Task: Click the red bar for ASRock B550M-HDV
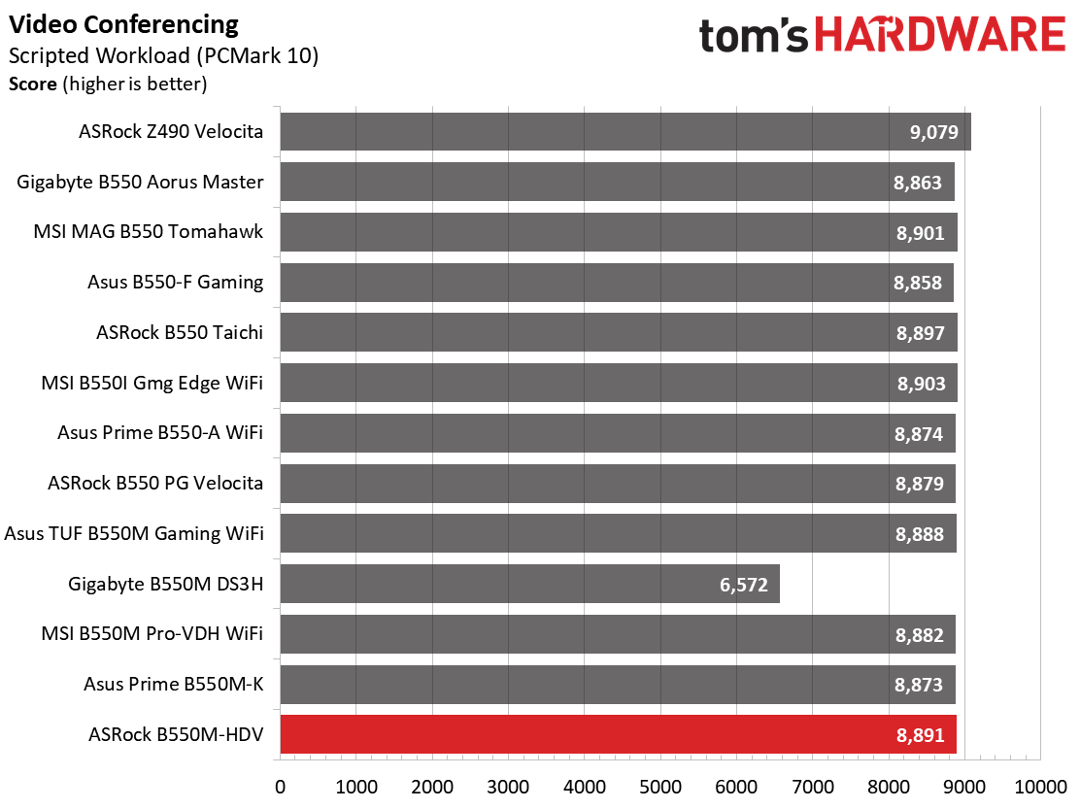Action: (x=618, y=734)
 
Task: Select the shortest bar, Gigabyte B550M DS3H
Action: (x=529, y=584)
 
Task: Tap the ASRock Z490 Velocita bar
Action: (x=625, y=131)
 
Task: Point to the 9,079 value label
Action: (x=933, y=132)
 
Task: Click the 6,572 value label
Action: (x=743, y=585)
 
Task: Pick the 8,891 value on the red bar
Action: (x=920, y=735)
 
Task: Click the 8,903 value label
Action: (x=921, y=384)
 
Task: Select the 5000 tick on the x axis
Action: (x=660, y=787)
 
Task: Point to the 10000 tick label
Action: (x=1040, y=787)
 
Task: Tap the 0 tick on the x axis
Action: (x=280, y=787)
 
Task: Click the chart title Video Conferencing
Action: (x=123, y=25)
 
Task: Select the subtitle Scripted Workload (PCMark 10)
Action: (x=163, y=55)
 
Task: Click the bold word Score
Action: (x=32, y=84)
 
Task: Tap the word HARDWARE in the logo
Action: (x=941, y=34)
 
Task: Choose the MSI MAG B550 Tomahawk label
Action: (x=148, y=231)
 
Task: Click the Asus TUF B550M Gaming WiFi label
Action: (x=134, y=533)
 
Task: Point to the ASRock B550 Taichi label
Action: (x=179, y=332)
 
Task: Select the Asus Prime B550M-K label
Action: (x=174, y=685)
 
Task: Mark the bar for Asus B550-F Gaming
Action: (x=617, y=283)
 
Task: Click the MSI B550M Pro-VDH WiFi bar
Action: (x=618, y=634)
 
